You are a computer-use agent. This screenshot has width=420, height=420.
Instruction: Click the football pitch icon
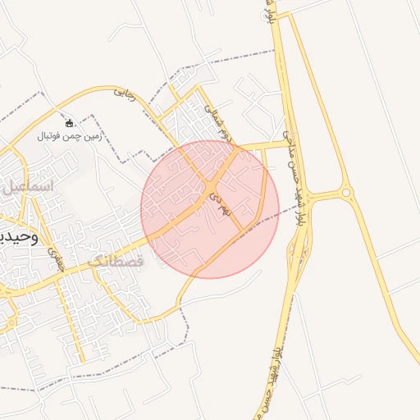(x=69, y=123)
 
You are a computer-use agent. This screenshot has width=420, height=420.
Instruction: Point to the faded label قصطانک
(x=115, y=261)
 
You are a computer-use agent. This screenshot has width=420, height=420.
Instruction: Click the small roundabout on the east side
(x=347, y=194)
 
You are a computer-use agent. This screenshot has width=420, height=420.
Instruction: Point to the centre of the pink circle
(x=210, y=209)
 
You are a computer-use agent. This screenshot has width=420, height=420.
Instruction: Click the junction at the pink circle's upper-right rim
(x=238, y=148)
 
